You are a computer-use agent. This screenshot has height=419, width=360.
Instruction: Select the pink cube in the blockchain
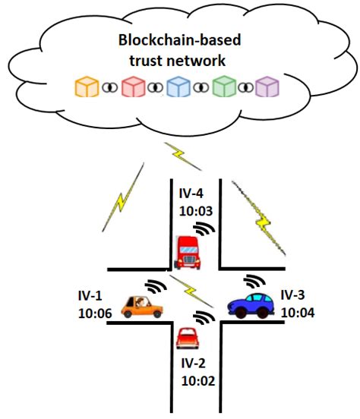tap(135, 87)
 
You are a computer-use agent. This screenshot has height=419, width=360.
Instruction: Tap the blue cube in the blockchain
tap(180, 87)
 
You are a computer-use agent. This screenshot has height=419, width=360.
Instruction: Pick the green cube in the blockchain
tap(225, 87)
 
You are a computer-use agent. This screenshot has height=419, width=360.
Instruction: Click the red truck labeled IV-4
tap(187, 252)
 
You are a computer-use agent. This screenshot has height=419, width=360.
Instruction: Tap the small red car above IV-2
tap(186, 336)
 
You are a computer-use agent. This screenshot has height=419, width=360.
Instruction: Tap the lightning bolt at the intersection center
tap(186, 291)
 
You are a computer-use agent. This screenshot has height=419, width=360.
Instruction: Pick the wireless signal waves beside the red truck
tap(203, 228)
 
